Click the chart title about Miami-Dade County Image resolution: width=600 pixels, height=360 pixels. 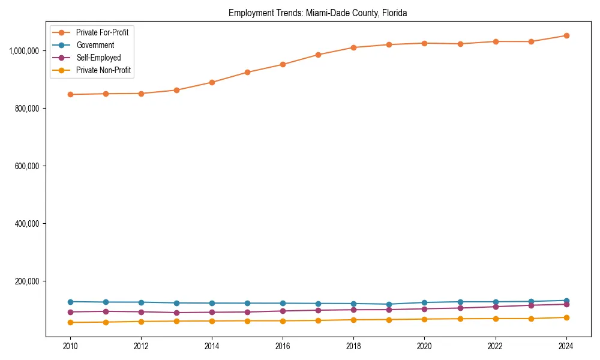click(318, 13)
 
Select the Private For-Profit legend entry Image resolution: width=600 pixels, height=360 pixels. click(102, 32)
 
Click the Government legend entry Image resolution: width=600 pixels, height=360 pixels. click(95, 45)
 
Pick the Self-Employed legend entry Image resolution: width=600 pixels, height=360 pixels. click(98, 58)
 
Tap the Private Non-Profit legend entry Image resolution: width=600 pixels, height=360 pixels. click(103, 71)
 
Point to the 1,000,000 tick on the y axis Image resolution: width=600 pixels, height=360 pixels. click(24, 51)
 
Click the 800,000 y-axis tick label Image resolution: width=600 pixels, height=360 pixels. click(26, 109)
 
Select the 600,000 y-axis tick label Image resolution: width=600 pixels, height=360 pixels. click(26, 166)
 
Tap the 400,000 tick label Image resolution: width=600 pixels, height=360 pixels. click(26, 224)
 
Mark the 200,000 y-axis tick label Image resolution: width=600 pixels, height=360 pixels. click(26, 281)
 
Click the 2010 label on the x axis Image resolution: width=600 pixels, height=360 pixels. click(70, 346)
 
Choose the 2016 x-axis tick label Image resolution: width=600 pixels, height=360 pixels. click(283, 346)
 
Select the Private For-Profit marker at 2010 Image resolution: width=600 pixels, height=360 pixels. click(70, 94)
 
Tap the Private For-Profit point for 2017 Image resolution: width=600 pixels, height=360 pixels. click(318, 55)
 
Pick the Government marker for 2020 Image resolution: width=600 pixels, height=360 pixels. click(425, 302)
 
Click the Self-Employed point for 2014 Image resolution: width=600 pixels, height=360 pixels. click(212, 312)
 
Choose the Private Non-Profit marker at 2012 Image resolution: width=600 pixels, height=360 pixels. click(141, 322)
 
